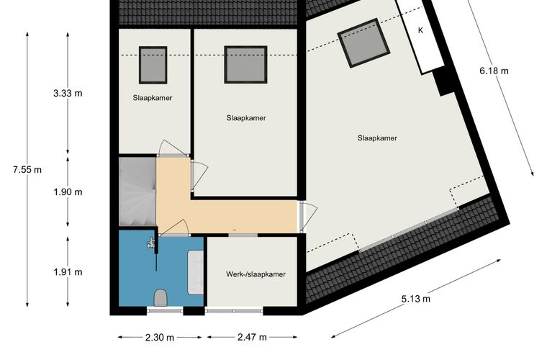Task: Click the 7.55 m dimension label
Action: click(x=27, y=170)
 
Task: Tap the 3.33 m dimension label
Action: click(x=68, y=94)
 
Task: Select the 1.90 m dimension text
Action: click(x=68, y=192)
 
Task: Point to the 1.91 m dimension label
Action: click(x=68, y=272)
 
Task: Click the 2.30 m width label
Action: click(x=160, y=338)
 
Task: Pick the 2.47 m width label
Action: click(x=252, y=338)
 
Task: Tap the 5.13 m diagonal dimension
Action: click(x=415, y=299)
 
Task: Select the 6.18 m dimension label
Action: click(x=494, y=71)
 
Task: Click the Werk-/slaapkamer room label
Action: click(x=256, y=274)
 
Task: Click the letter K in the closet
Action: click(x=420, y=30)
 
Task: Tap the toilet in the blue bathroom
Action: click(x=161, y=297)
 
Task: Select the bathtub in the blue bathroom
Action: click(x=195, y=272)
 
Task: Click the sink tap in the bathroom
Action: click(x=150, y=243)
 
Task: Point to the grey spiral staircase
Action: click(x=137, y=192)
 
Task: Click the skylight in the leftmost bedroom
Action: click(x=153, y=66)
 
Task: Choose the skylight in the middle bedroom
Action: click(x=245, y=65)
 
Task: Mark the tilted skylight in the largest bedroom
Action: click(x=364, y=43)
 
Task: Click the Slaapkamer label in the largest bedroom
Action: click(x=377, y=138)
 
